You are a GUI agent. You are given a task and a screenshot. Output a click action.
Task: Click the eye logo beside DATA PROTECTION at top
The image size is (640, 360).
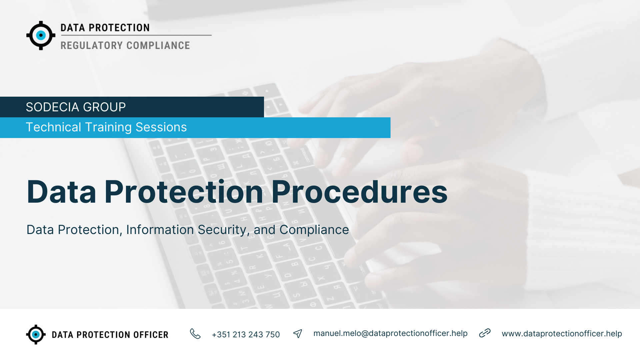41,35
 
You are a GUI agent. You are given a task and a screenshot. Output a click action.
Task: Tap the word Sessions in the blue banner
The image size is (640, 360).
161,127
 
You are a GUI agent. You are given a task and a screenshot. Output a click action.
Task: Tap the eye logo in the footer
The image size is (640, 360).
36,334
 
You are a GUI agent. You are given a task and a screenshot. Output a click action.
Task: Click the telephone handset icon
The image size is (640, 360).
195,334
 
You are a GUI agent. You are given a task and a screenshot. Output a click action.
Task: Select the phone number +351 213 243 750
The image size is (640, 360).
246,334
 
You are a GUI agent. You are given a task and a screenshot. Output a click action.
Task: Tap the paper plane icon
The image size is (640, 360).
298,334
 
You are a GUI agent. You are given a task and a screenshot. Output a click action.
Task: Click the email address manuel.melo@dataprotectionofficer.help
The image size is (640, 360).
390,333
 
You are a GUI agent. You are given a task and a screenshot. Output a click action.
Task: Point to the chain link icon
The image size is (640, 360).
485,333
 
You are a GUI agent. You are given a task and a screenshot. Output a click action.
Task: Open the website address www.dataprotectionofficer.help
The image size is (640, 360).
562,334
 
